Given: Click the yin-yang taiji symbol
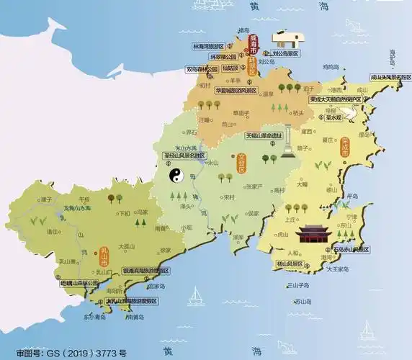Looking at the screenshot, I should click(176, 176).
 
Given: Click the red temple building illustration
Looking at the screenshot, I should click(314, 237).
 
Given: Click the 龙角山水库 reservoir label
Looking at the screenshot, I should click(76, 207).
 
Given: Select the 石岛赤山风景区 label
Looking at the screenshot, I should click(349, 249).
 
